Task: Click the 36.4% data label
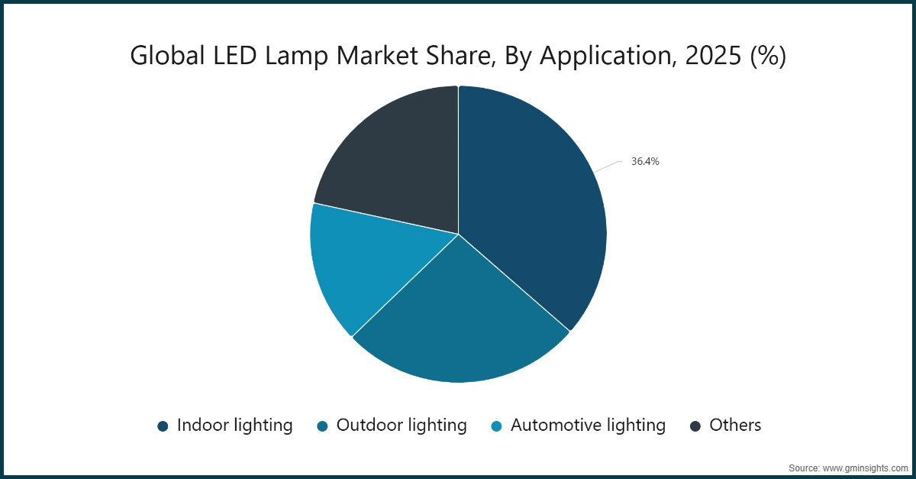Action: pos(645,162)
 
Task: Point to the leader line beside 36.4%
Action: pos(610,166)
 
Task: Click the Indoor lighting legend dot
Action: pos(163,426)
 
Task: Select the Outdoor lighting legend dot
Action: pos(322,426)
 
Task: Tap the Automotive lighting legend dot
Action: pos(496,426)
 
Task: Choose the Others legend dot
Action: pos(695,426)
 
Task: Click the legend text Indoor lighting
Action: pos(234,426)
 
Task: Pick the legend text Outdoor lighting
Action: pos(402,426)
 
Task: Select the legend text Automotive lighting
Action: pos(588,426)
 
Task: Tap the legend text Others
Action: pos(735,426)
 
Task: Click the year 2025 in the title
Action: pos(705,57)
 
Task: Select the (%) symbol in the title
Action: pos(767,57)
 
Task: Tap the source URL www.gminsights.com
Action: pos(866,467)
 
